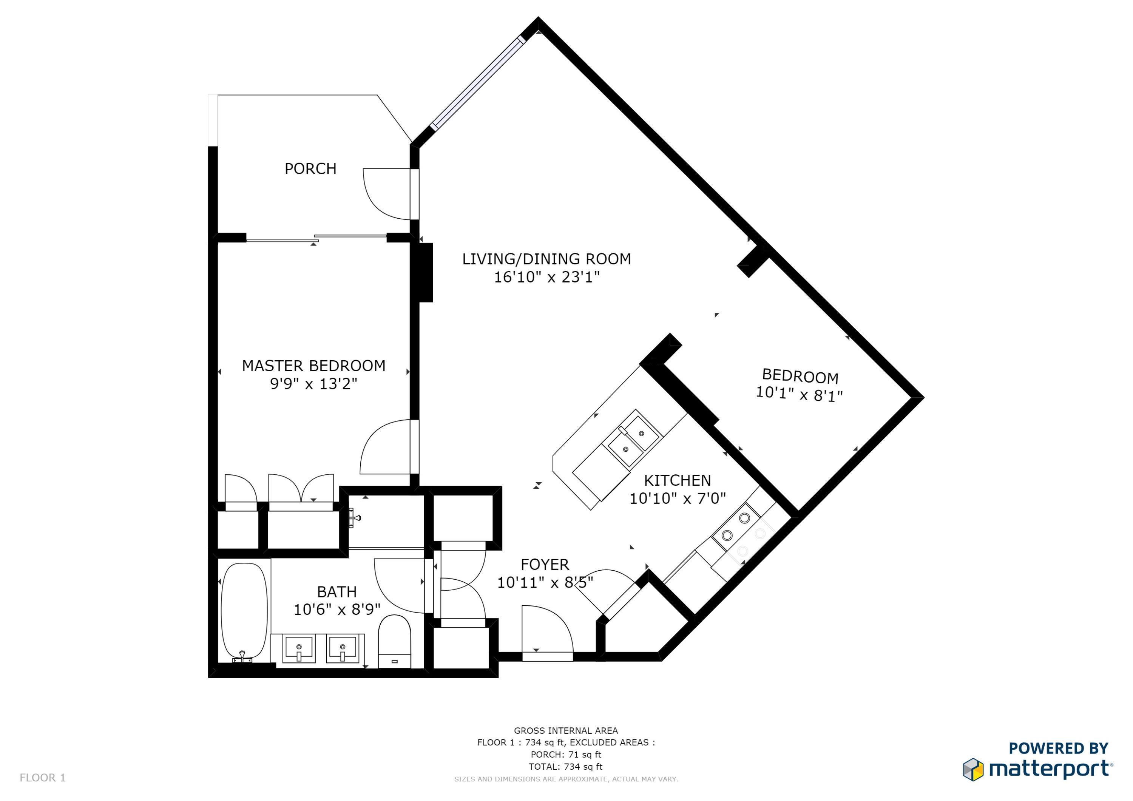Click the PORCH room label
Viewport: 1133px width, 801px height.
[x=310, y=169]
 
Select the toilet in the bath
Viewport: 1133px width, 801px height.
[x=394, y=640]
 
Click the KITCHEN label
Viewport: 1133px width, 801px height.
[x=677, y=480]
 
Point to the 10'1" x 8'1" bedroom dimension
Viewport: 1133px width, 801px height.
[x=799, y=394]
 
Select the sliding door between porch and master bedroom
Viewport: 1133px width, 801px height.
[x=316, y=238]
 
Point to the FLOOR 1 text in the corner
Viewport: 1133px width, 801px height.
[x=42, y=778]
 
